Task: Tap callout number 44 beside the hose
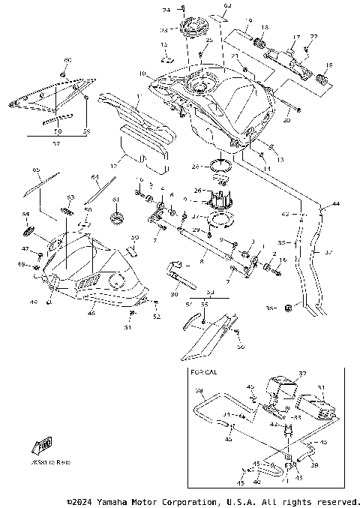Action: coord(335,204)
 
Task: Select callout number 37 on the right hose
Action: coord(327,253)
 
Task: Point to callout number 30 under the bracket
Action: coord(174,296)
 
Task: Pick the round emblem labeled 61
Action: coord(117,218)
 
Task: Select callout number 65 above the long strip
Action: coord(36,171)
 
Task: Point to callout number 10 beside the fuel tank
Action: coord(142,74)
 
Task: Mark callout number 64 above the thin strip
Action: coord(95,177)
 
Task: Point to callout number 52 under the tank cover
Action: coord(156,317)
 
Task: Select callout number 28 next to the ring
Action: coord(196,167)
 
